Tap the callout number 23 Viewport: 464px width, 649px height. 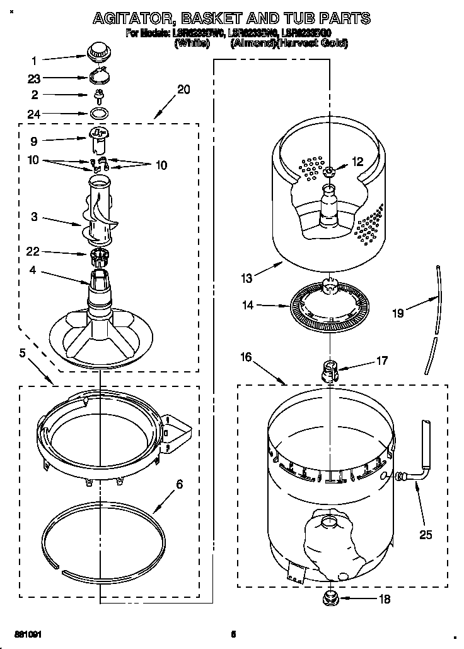click(x=35, y=79)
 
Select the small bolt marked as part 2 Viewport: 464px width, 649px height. click(x=98, y=95)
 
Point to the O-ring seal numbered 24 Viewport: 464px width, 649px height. click(x=98, y=114)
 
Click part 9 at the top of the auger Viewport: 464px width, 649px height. click(x=96, y=140)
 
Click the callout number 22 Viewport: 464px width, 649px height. click(x=33, y=252)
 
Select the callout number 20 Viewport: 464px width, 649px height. click(x=183, y=90)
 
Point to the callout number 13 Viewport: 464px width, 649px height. click(x=246, y=278)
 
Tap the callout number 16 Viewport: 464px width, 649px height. click(x=246, y=357)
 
